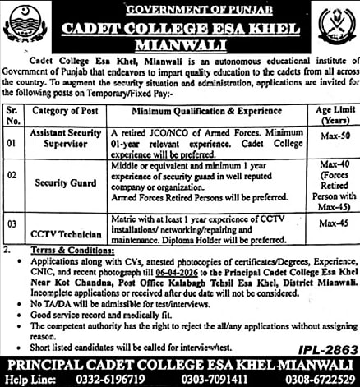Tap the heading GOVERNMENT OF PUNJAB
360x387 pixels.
[x=181, y=7]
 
